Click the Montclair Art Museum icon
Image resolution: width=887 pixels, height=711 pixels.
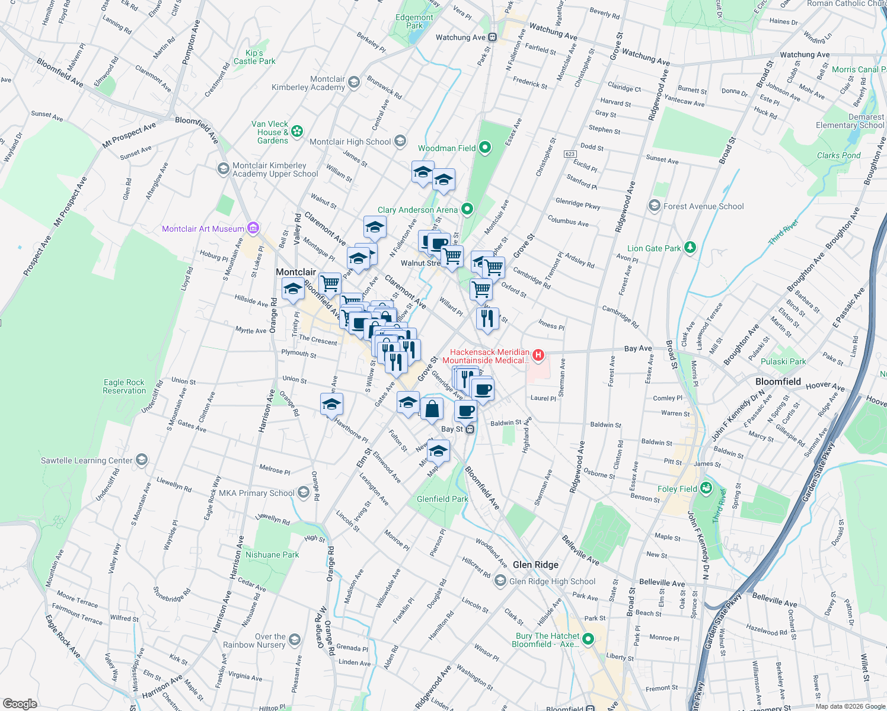253,228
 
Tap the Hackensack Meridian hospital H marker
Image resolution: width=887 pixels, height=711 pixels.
538,355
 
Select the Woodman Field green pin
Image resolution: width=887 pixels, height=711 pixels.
485,148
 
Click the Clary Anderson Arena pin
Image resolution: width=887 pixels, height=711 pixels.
467,209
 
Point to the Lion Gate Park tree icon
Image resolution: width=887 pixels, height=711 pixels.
690,248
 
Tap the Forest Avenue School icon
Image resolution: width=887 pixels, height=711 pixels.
654,206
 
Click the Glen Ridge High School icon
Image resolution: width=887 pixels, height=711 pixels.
500,581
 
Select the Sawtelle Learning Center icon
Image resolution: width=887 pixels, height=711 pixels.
141,460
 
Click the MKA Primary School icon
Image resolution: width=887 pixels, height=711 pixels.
304,492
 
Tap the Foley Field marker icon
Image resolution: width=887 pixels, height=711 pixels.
706,488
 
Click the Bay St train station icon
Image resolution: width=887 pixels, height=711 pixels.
470,429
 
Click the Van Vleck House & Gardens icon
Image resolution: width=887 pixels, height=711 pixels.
297,131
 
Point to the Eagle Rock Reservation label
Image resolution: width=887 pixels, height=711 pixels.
124,386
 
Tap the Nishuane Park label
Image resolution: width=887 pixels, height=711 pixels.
272,555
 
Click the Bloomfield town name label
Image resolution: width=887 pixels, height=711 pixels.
778,382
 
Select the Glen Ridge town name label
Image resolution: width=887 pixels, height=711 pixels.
535,565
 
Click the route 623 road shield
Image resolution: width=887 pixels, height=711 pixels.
570,154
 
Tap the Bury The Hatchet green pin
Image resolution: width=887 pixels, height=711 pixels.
588,639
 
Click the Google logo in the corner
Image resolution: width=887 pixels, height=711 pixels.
20,703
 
